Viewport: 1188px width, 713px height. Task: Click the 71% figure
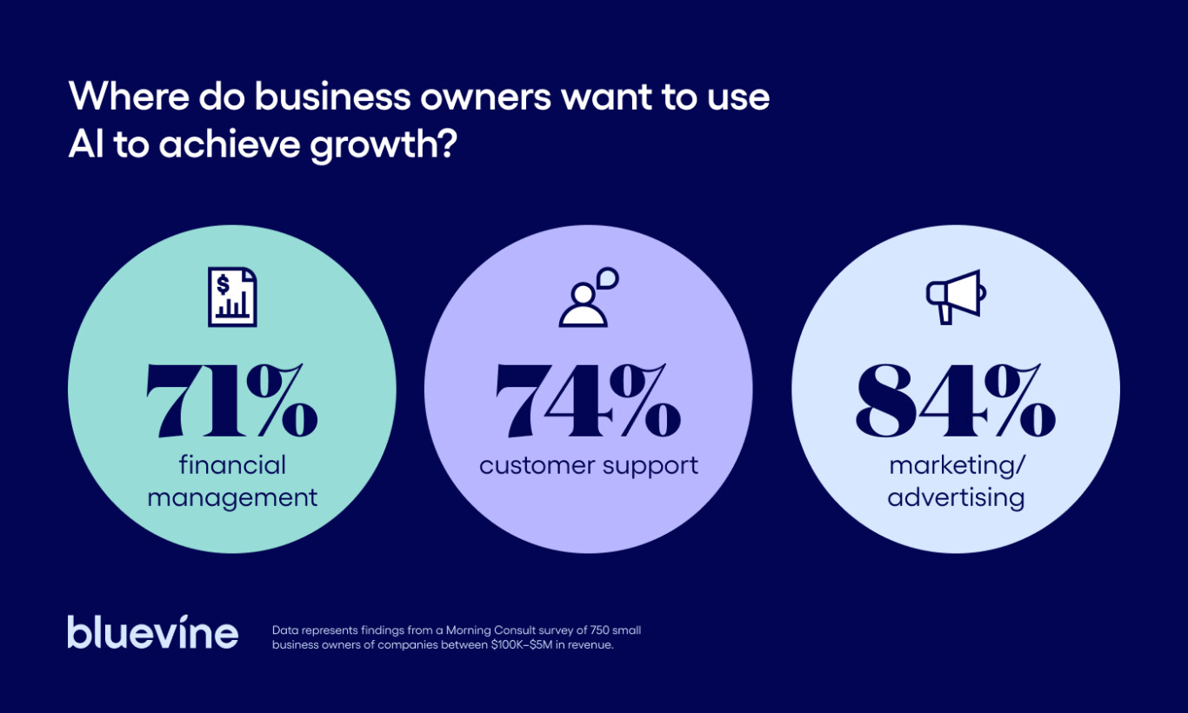pyautogui.click(x=231, y=401)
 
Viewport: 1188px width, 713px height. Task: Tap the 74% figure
pyautogui.click(x=588, y=401)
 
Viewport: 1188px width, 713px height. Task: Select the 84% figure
pyautogui.click(x=955, y=401)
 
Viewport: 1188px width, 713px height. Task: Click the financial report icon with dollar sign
pyautogui.click(x=232, y=297)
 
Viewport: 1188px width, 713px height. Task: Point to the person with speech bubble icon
pyautogui.click(x=588, y=297)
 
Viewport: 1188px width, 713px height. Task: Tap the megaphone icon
pyautogui.click(x=956, y=297)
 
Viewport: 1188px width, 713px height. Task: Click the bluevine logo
pyautogui.click(x=153, y=632)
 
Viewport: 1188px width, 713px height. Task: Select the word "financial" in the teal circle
pyautogui.click(x=232, y=465)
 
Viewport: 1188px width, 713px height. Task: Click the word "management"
pyautogui.click(x=232, y=498)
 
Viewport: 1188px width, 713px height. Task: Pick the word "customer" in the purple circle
pyautogui.click(x=533, y=465)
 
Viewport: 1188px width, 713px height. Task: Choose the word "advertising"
pyautogui.click(x=956, y=498)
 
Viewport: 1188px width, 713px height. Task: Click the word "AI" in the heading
pyautogui.click(x=85, y=143)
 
